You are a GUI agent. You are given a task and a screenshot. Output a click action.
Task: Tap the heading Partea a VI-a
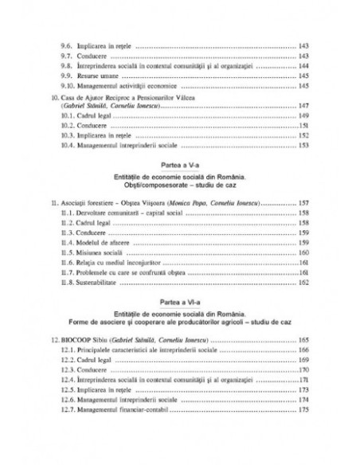pos(180,303)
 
